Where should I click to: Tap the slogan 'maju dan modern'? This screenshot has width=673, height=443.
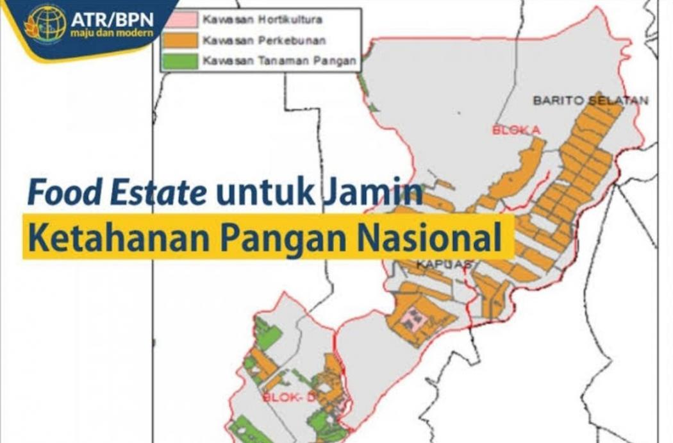112,34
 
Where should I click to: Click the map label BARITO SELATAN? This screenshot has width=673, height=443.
590,100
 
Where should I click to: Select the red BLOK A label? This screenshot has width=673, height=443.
516,130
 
